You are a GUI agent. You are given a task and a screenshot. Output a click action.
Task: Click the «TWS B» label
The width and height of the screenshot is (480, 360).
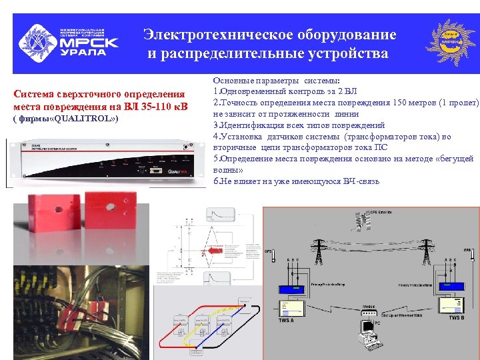click(456, 318)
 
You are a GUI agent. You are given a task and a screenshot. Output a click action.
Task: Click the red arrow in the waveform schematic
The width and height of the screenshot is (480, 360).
click(213, 253)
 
